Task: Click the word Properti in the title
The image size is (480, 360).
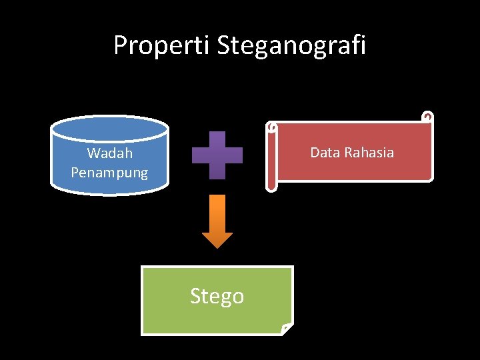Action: click(x=162, y=45)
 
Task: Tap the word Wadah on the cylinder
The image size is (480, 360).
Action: click(x=110, y=153)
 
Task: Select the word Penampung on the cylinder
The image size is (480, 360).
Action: click(x=109, y=173)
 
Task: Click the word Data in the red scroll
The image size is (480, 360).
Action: click(x=325, y=153)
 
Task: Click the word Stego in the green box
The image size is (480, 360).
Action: click(x=217, y=295)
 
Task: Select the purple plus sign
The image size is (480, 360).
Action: click(x=217, y=155)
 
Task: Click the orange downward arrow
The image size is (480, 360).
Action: click(x=217, y=217)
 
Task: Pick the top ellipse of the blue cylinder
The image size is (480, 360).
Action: click(x=109, y=127)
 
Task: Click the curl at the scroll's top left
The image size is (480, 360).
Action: click(x=271, y=127)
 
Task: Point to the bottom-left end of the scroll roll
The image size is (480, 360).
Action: click(x=271, y=185)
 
